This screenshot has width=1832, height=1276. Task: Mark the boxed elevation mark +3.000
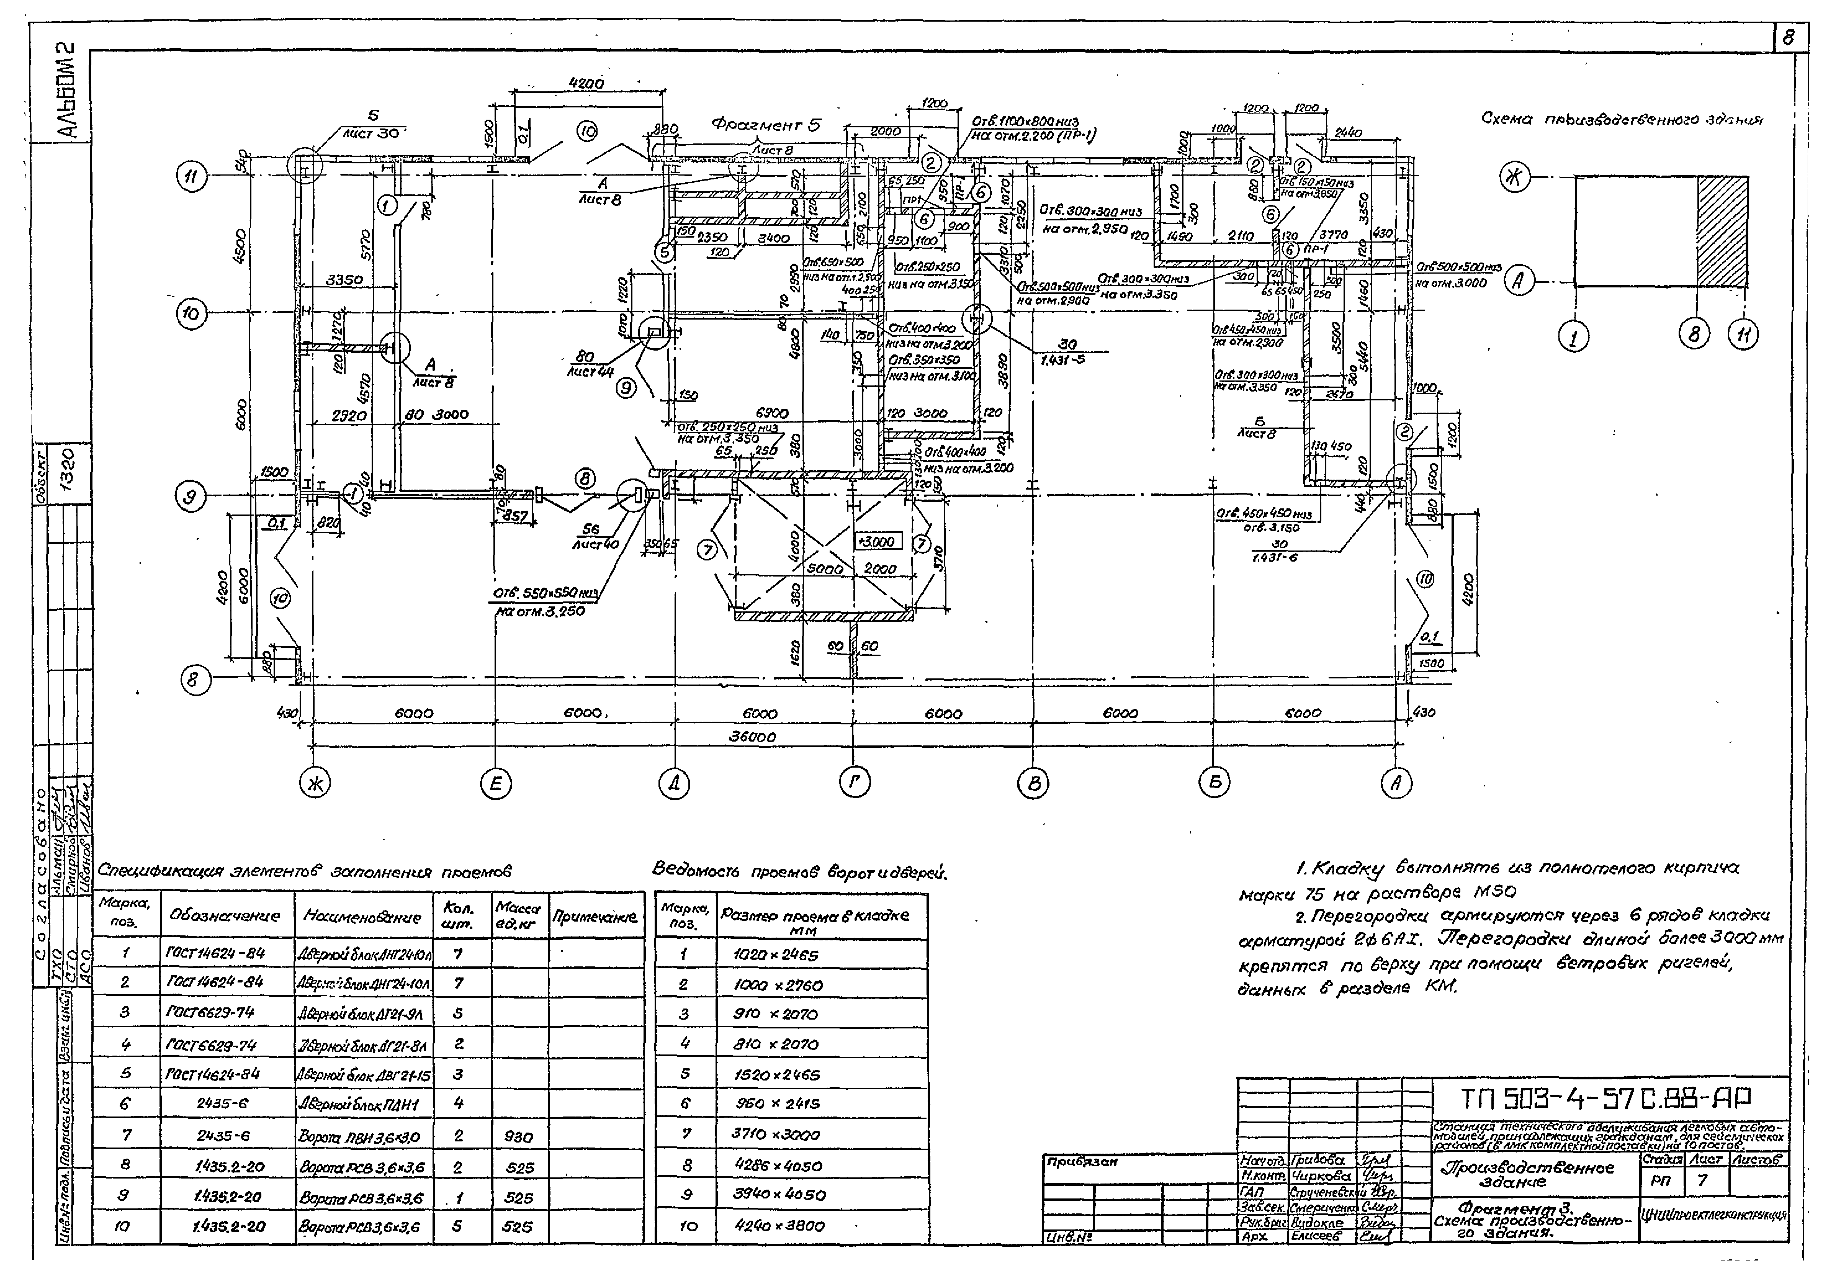coord(878,542)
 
